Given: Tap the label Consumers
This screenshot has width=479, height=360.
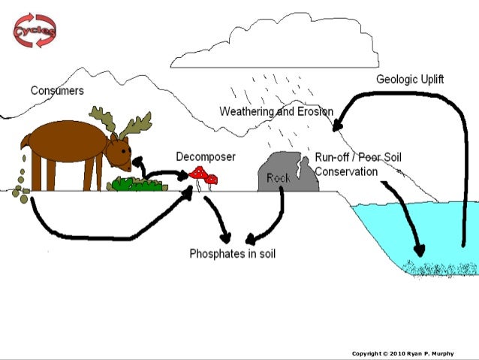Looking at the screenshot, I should point(57,90).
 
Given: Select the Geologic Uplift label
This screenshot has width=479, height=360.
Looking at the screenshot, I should point(410,79).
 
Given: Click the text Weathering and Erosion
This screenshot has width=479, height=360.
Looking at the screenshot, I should point(276,111).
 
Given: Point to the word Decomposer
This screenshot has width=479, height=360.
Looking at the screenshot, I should point(206,156).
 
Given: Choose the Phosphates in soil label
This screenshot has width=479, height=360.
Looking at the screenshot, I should point(232,254).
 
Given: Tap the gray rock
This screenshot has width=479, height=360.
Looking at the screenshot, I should point(279,172).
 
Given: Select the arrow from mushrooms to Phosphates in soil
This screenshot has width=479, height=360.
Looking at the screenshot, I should point(219,218).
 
